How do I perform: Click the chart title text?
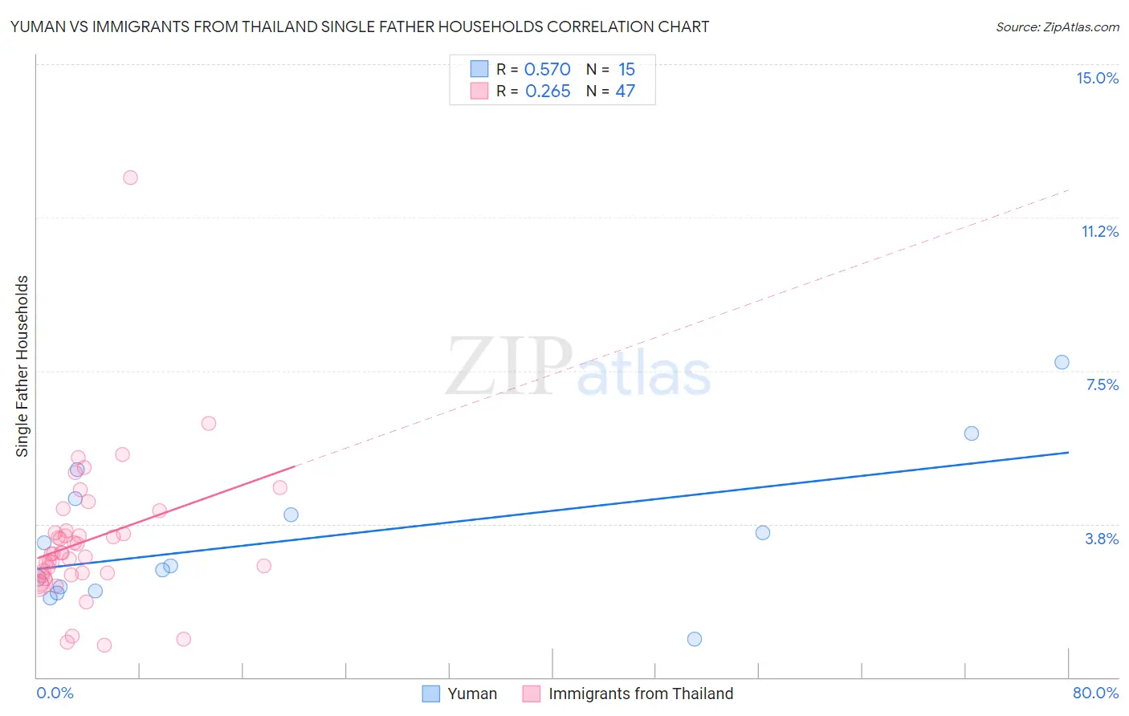click(359, 26)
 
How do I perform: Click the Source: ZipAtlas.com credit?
click(1057, 26)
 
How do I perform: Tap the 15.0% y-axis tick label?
click(1097, 78)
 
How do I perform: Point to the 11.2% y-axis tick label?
click(1099, 231)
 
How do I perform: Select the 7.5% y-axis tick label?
click(1102, 384)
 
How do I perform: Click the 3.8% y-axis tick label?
click(1102, 539)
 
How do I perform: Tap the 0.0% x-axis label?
click(55, 693)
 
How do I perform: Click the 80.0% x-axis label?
click(1095, 693)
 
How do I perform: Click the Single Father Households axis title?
click(22, 366)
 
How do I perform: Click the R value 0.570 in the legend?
click(547, 70)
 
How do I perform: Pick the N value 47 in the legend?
click(625, 92)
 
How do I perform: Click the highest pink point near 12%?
click(130, 177)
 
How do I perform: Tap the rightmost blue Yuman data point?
click(1062, 362)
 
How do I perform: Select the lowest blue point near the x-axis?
click(695, 639)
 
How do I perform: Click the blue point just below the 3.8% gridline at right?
click(763, 533)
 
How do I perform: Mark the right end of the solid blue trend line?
click(1068, 453)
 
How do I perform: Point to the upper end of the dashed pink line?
click(1068, 190)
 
